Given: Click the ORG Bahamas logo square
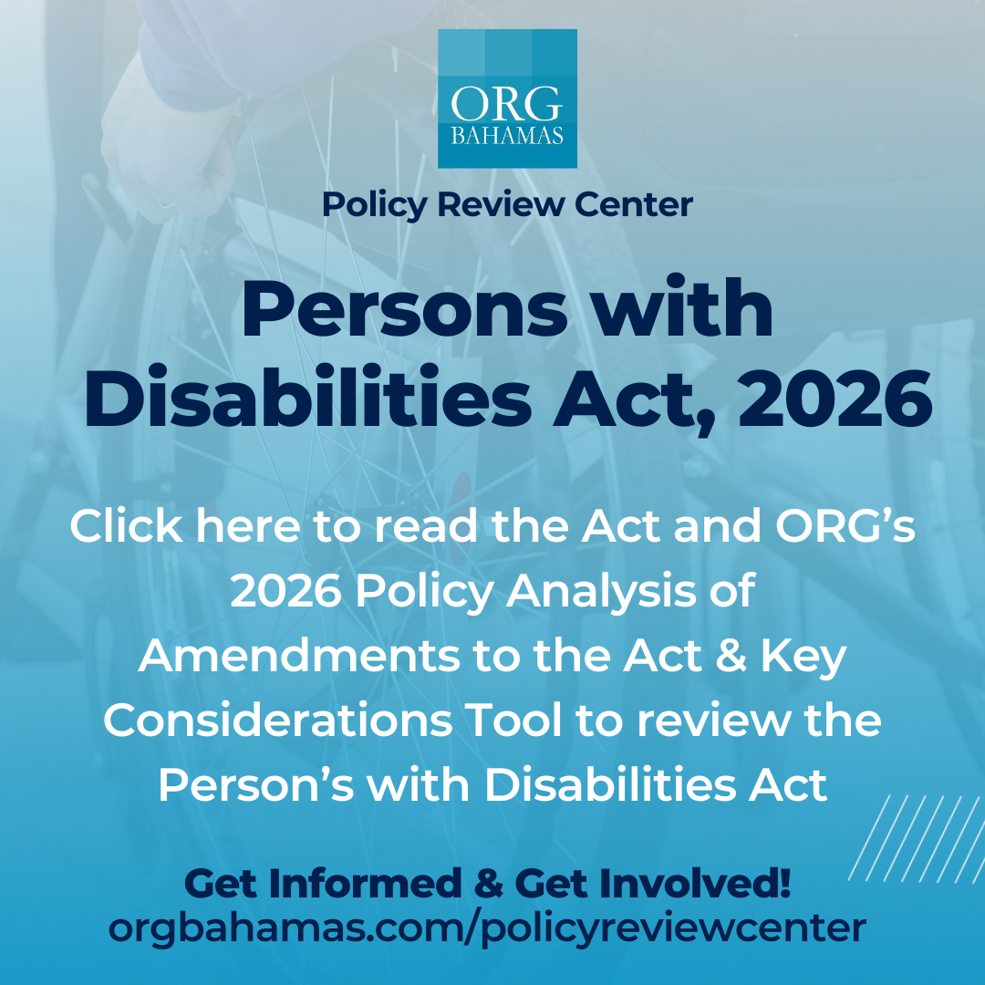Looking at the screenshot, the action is click(507, 98).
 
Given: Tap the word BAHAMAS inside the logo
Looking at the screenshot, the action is click(507, 136).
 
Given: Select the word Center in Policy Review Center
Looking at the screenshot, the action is click(633, 205).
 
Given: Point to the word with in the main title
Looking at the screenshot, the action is click(683, 307).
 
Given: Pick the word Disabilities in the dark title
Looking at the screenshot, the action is click(308, 397).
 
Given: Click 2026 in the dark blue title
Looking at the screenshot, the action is click(835, 399).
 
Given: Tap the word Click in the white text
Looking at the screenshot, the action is click(126, 525).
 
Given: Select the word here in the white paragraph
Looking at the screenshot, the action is click(248, 525).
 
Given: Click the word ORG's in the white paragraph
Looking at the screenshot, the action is click(845, 525).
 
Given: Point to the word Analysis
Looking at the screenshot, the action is click(601, 593).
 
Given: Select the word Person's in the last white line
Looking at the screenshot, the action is click(256, 784).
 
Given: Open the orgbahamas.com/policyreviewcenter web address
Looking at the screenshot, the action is click(487, 928).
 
